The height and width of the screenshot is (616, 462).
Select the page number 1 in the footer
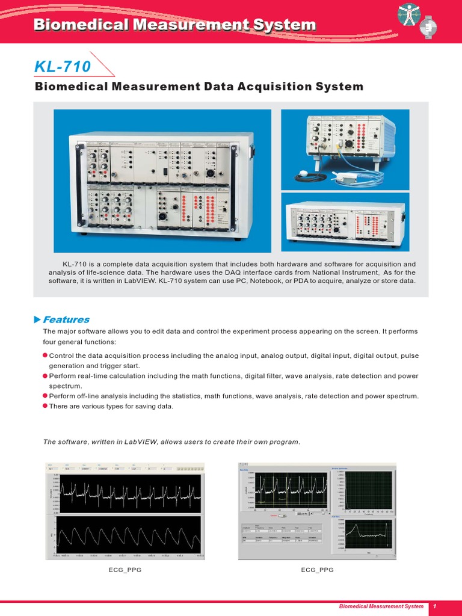pyautogui.click(x=434, y=606)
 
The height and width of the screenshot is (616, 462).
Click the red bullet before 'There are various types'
pyautogui.click(x=45, y=406)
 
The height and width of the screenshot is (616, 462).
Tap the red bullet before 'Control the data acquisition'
pyautogui.click(x=45, y=356)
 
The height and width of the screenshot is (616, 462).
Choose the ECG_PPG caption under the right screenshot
pyautogui.click(x=318, y=569)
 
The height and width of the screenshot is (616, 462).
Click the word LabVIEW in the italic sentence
pyautogui.click(x=140, y=442)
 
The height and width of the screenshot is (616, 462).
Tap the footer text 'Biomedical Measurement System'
pyautogui.click(x=380, y=606)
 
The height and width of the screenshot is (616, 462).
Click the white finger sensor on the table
pyautogui.click(x=344, y=179)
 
